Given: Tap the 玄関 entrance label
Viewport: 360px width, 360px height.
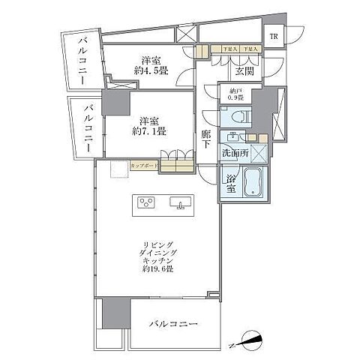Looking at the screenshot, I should pos(242,71).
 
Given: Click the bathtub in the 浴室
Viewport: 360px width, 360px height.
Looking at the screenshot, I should pos(251,184).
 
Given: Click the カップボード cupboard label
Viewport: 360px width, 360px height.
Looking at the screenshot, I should pos(143,166).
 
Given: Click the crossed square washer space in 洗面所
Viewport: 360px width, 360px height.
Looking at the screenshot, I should pos(259,153).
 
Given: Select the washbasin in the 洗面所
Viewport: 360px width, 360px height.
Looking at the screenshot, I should pos(235,137).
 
